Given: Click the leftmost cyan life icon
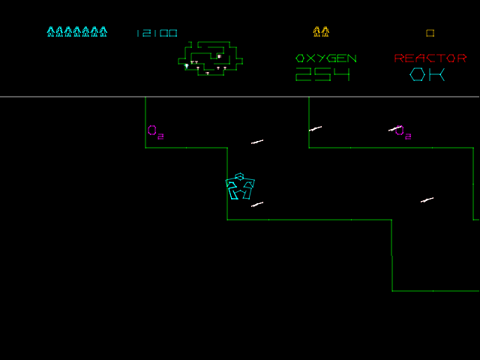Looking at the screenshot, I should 51,32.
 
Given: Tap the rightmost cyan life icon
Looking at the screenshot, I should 103,32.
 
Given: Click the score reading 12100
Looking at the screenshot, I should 157,33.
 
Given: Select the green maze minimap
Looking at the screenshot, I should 211,58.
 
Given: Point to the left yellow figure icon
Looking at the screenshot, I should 316,32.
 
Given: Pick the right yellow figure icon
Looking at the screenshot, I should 325,32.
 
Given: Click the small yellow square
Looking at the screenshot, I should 430,33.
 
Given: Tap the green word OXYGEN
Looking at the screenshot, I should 326,58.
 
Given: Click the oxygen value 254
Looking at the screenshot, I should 322,74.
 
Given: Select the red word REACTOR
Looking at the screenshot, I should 430,58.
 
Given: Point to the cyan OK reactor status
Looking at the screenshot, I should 427,74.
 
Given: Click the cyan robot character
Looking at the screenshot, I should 240,187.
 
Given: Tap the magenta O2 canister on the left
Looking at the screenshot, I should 154,132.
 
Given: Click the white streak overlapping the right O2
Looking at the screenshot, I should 394,129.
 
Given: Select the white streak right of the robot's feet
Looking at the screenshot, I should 257,204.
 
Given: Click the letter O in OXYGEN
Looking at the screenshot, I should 301,58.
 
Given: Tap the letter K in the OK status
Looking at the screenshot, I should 437,74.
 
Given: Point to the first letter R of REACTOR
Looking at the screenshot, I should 399,58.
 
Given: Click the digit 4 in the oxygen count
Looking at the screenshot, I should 341,74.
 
